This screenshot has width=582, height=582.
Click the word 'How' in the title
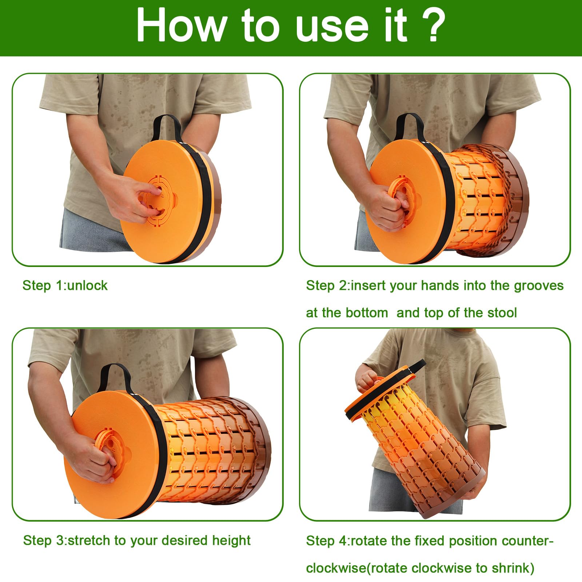click(181, 25)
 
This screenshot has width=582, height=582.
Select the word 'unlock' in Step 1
click(88, 286)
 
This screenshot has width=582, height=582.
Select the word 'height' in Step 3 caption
click(232, 541)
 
